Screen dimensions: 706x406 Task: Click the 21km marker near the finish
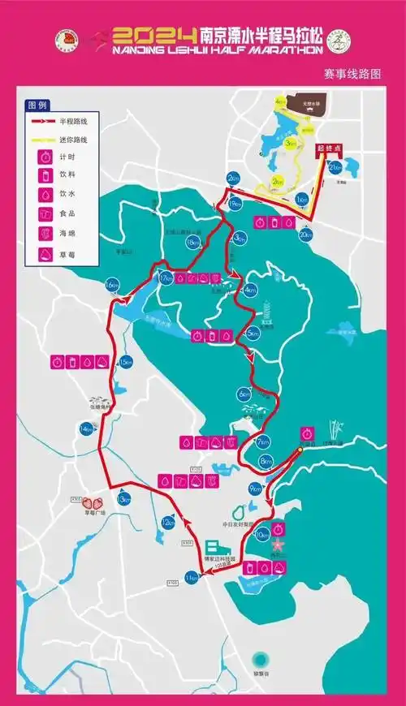[x=335, y=167]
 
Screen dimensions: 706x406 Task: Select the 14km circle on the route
[x=85, y=428]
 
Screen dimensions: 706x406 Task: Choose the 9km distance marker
[x=255, y=489]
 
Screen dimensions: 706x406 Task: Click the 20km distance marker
[x=305, y=235]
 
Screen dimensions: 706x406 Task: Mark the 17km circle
[x=166, y=278]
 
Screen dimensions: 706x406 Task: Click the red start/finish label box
[x=328, y=149]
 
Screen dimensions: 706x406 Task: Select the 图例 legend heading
[x=37, y=106]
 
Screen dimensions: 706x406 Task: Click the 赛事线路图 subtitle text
[x=352, y=75]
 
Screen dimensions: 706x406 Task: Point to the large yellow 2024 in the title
[x=154, y=36]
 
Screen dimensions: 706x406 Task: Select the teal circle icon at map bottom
[x=260, y=658]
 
